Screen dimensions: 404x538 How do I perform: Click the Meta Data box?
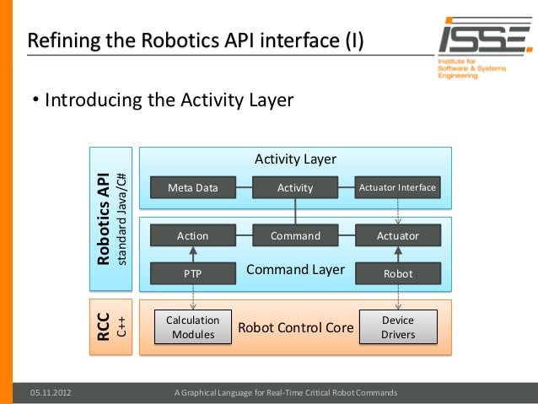192,188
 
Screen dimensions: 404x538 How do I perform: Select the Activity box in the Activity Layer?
295,188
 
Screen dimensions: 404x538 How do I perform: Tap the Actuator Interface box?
397,187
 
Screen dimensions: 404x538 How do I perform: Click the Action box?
192,235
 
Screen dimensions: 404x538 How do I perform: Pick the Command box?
295,235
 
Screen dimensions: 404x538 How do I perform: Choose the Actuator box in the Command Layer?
397,235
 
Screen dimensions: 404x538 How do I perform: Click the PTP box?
192,273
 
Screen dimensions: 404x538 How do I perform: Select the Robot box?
397,273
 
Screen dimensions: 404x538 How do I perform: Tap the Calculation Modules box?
193,327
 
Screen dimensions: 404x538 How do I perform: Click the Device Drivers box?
397,327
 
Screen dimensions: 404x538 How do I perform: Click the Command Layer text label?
295,270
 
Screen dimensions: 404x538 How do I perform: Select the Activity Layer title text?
295,159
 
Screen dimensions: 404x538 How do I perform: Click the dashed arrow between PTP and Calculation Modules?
193,297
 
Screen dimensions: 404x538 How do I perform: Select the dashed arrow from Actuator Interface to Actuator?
397,211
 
